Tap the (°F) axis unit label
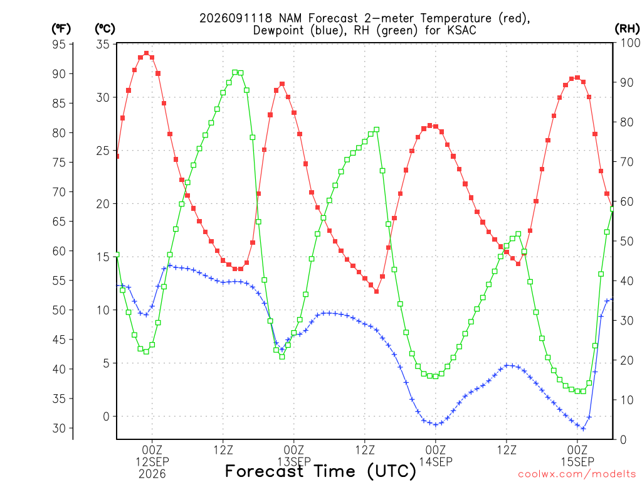(x=61, y=29)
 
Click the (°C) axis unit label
(x=105, y=29)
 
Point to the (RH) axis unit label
(x=627, y=29)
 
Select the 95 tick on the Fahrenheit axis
(x=59, y=45)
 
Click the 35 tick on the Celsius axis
(x=103, y=45)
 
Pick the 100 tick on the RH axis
(x=630, y=43)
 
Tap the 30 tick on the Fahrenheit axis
(x=59, y=428)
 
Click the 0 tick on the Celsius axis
(x=107, y=417)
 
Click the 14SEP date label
(x=436, y=462)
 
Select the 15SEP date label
(x=577, y=462)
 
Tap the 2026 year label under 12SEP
(x=152, y=474)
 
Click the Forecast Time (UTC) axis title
(x=320, y=471)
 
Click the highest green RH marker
(x=234, y=72)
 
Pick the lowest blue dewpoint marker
(x=583, y=429)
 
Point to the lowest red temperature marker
(x=376, y=291)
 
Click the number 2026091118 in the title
(x=236, y=18)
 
